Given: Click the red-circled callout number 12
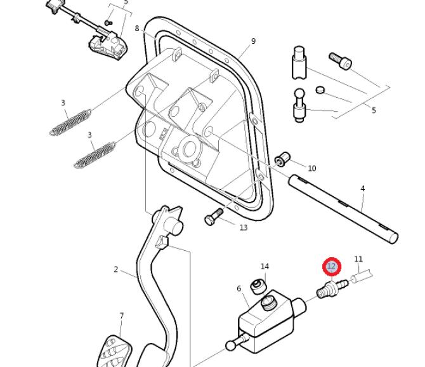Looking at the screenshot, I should point(331,267).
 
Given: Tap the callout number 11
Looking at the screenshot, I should point(358,259).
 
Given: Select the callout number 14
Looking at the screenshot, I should point(265,267).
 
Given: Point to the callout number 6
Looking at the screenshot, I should point(239,289).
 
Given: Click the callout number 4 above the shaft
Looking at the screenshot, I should point(363,189).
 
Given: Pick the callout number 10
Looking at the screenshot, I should point(311,168).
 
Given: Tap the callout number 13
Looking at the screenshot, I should point(244,227).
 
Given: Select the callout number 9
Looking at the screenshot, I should point(253,41).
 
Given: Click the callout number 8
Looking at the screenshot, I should point(137,29).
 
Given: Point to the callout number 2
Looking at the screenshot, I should point(116,270).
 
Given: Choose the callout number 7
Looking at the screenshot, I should point(122,316).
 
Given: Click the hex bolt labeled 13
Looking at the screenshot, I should point(213,217).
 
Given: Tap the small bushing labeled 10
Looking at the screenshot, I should point(284,157).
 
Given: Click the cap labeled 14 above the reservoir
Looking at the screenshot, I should point(258,287).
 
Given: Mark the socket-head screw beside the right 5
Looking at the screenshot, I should point(339,61).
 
